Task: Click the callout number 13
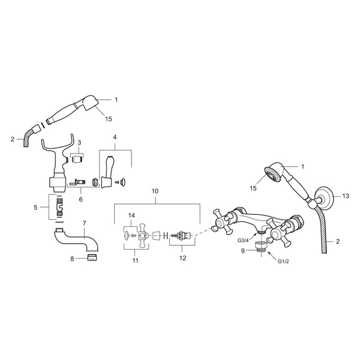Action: [x=346, y=196]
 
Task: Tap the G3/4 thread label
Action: [x=243, y=241]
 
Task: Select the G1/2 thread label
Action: [x=283, y=261]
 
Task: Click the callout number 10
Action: [x=155, y=191]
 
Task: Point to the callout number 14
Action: [x=131, y=215]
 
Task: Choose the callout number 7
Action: [x=84, y=223]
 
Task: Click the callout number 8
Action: [x=73, y=259]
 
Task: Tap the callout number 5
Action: [x=35, y=208]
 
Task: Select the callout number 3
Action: [x=79, y=143]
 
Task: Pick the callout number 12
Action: [x=183, y=258]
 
